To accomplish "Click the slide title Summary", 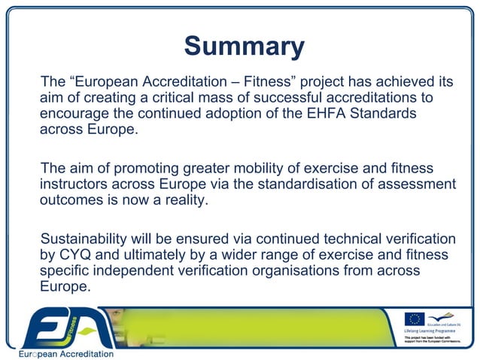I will [245, 47].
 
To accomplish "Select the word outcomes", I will [71, 200].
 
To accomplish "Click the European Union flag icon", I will [414, 319].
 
